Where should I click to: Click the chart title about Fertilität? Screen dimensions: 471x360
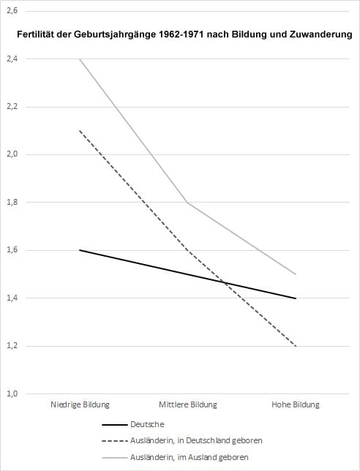(x=185, y=34)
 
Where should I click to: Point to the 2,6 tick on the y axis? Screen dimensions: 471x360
(x=13, y=11)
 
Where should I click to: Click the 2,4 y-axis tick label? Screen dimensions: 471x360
(x=13, y=59)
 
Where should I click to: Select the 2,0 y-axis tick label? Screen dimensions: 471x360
(x=13, y=154)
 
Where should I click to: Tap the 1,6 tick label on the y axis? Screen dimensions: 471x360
(x=13, y=250)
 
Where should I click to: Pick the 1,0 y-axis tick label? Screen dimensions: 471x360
(x=13, y=393)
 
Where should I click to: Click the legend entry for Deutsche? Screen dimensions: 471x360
(x=147, y=423)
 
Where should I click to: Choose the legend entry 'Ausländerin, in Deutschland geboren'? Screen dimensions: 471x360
(x=195, y=440)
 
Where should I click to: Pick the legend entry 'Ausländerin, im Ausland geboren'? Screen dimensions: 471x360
(x=190, y=457)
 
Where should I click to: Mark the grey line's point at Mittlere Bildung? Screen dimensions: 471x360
(x=188, y=202)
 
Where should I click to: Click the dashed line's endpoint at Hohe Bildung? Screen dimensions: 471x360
(x=296, y=346)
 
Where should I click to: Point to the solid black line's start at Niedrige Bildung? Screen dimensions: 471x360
(x=80, y=250)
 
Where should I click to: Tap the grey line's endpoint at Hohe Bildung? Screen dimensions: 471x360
(x=296, y=274)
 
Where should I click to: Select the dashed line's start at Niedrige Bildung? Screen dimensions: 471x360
(x=80, y=131)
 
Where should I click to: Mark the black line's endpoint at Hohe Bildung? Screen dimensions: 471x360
(x=296, y=298)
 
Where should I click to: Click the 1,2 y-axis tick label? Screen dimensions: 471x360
(x=13, y=346)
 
